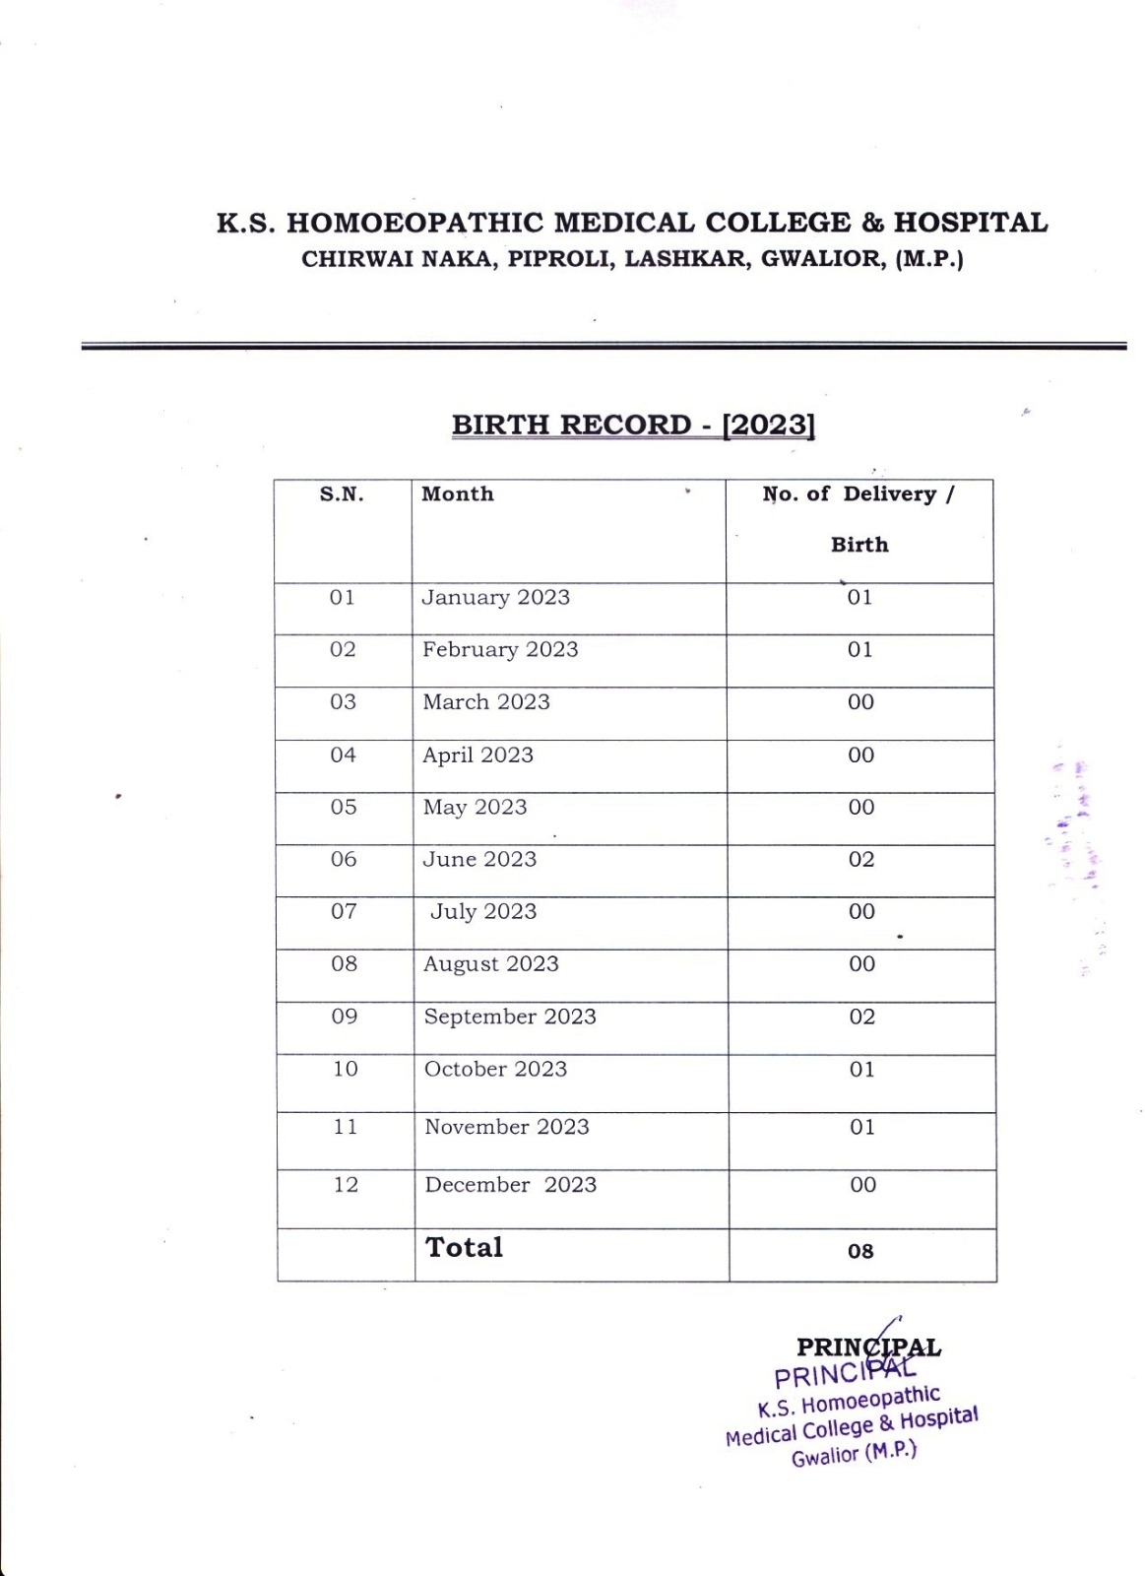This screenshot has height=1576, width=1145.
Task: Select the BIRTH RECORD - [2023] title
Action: [633, 426]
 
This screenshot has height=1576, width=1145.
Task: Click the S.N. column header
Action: [342, 494]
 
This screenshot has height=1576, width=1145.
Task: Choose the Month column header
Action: [458, 494]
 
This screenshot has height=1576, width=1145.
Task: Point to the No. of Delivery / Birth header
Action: [859, 518]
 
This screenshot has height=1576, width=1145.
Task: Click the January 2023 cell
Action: [496, 598]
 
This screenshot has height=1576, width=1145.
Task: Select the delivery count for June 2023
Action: [861, 860]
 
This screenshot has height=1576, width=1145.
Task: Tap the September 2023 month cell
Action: [510, 1018]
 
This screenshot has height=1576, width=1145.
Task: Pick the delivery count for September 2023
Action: [861, 1018]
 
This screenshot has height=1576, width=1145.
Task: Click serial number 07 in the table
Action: [344, 912]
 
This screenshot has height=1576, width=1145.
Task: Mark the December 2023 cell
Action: [510, 1185]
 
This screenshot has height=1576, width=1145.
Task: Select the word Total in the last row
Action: [464, 1248]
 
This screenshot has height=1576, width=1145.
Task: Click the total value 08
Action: [860, 1252]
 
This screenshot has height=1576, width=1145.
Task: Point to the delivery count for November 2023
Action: [862, 1128]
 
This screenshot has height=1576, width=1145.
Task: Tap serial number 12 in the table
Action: [346, 1185]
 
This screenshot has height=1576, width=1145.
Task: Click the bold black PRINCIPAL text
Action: [868, 1346]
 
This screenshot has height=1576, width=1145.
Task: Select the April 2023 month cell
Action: [477, 755]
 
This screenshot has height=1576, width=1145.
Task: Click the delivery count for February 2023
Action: [860, 650]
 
